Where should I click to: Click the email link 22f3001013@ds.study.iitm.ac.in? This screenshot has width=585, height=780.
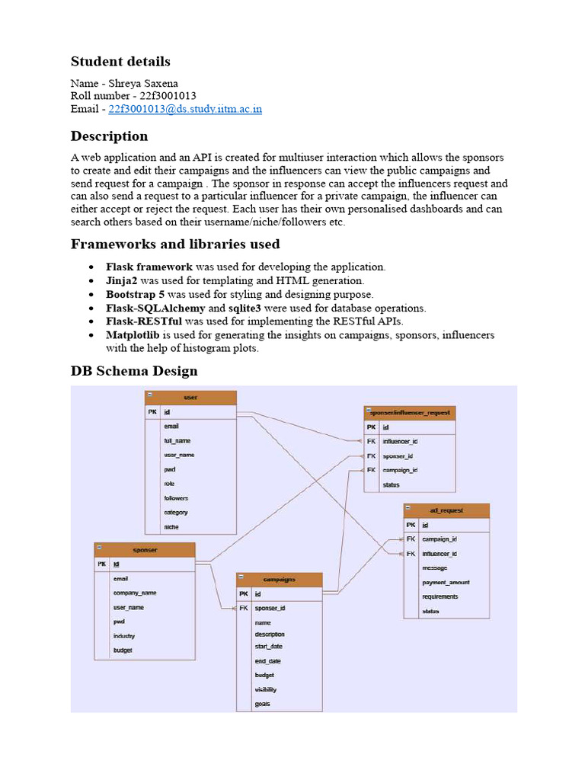tap(185, 109)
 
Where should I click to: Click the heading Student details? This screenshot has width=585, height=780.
tap(120, 62)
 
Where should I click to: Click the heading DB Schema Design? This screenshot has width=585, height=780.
tap(134, 372)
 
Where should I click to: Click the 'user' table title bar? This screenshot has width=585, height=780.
tap(190, 398)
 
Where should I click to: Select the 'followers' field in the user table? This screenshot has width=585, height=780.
tap(176, 498)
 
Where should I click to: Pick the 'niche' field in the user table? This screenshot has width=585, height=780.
tap(171, 527)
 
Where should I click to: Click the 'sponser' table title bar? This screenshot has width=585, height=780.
tap(145, 549)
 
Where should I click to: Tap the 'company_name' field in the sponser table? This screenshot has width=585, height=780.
tap(135, 593)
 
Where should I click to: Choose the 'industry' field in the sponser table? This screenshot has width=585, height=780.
tap(124, 636)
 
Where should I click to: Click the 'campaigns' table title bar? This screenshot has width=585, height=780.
tap(279, 580)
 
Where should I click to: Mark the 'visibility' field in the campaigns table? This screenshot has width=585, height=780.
tap(266, 689)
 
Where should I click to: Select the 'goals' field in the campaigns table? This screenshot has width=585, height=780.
tap(263, 704)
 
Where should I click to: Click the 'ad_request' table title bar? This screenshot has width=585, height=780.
tap(446, 510)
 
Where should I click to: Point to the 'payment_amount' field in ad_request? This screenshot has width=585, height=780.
tap(446, 582)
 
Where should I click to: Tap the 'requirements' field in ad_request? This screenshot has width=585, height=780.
tap(440, 596)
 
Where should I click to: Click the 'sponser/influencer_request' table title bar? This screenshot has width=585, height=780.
tap(410, 413)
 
